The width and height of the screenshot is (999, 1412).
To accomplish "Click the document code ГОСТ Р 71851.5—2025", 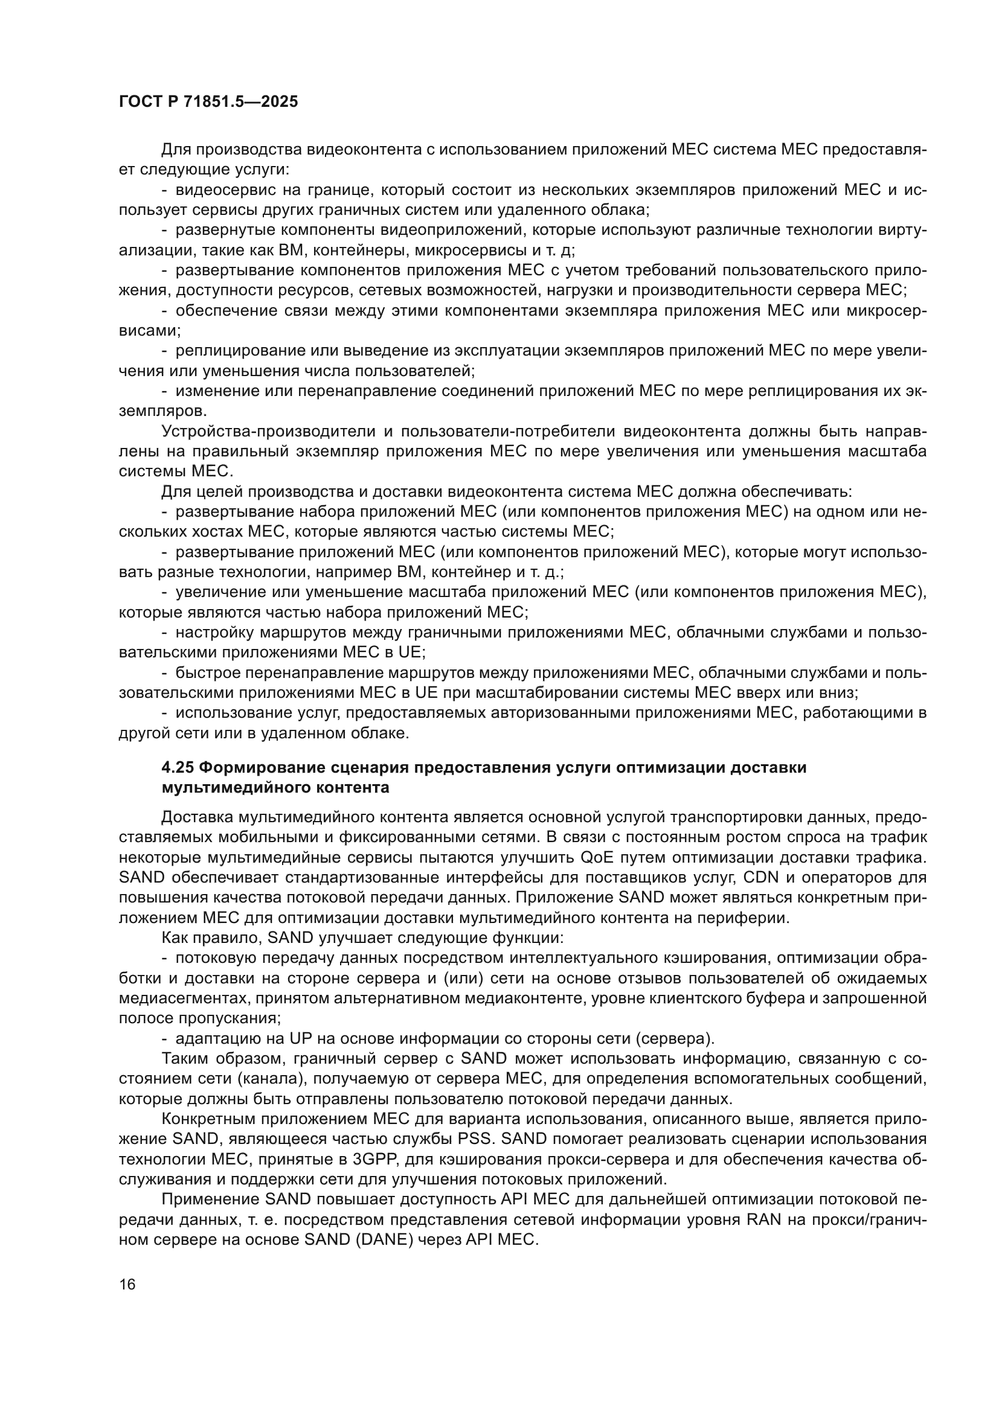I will [x=208, y=101].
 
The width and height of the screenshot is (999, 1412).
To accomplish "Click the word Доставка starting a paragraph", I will [x=196, y=817].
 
